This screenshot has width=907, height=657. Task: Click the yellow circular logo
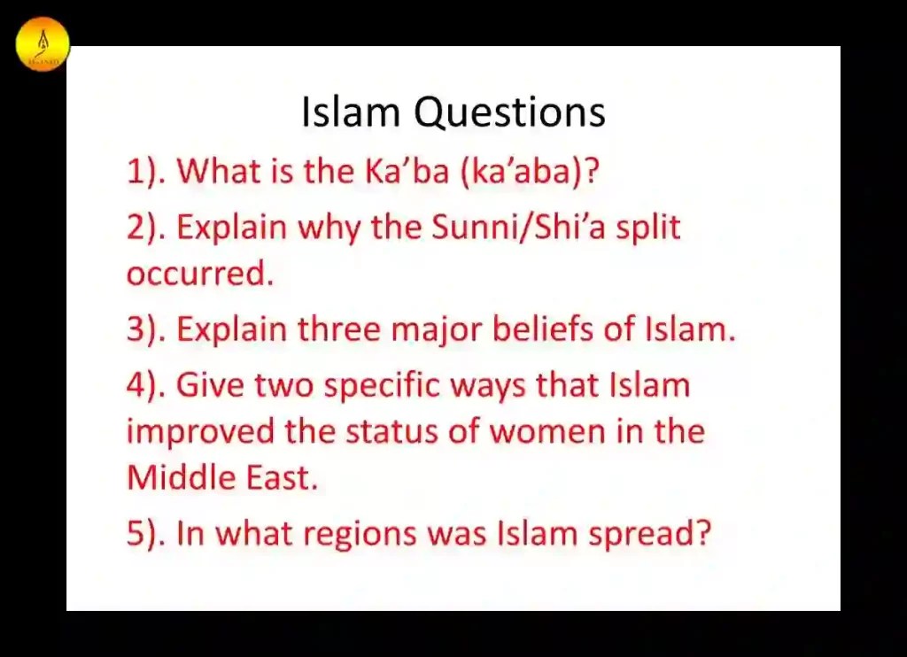click(x=43, y=43)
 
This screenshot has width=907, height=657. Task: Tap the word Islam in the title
click(x=351, y=113)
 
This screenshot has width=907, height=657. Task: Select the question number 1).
click(x=146, y=171)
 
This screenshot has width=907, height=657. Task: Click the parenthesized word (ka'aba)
click(x=529, y=171)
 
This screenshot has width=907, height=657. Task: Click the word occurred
click(x=199, y=274)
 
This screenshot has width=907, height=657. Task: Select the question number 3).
click(x=146, y=330)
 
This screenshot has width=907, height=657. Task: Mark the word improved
click(x=201, y=433)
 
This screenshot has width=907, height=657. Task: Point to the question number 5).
click(x=146, y=534)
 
